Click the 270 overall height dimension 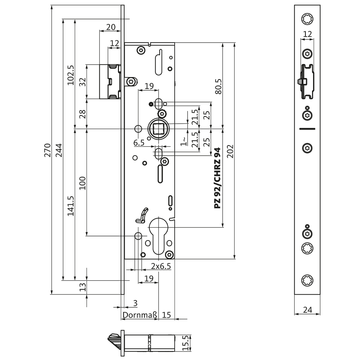point(47,150)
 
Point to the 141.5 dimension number point(71,206)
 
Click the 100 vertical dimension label point(83,183)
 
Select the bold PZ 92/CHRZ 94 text point(218,178)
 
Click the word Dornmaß point(140,315)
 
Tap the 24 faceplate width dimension point(307,310)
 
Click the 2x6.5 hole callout point(161,266)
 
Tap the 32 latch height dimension point(83,82)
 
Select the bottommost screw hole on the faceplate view point(307,280)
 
